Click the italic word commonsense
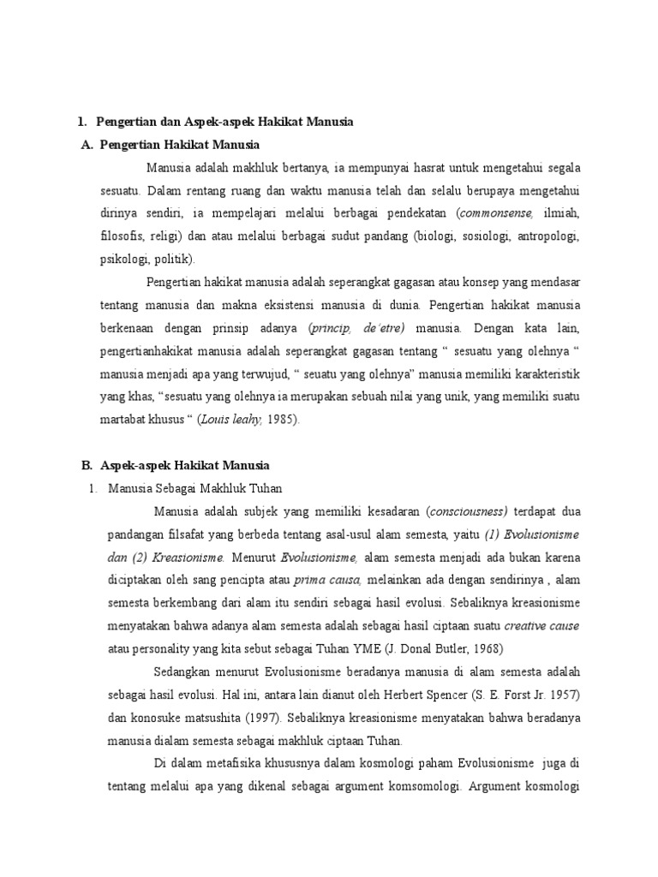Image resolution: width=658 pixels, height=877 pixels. coord(498,212)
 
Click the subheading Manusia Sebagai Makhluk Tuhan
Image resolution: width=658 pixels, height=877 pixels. coord(195,489)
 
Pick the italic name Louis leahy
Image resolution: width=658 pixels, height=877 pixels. coord(227,420)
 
